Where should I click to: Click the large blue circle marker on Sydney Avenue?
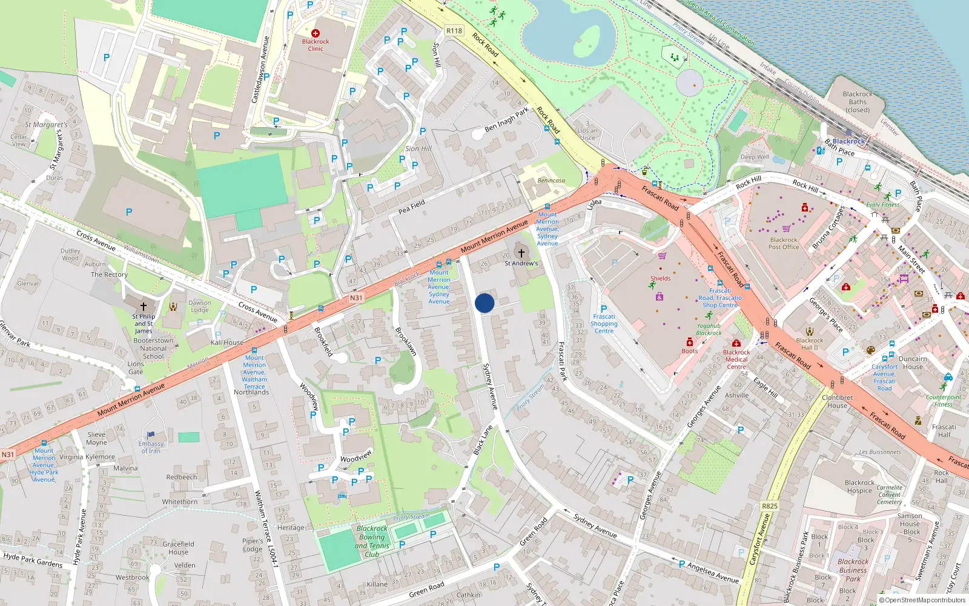pyautogui.click(x=484, y=303)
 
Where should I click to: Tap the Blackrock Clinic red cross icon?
pyautogui.click(x=315, y=33)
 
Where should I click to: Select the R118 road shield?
pyautogui.click(x=454, y=31)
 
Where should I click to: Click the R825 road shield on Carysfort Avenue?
pyautogui.click(x=770, y=506)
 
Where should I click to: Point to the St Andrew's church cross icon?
pyautogui.click(x=521, y=253)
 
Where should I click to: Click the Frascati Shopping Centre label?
pyautogui.click(x=604, y=324)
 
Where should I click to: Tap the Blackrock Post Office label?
pyautogui.click(x=784, y=243)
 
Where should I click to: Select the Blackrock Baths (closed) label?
pyautogui.click(x=858, y=102)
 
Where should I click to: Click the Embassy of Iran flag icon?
pyautogui.click(x=151, y=435)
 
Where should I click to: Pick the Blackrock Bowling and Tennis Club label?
pyautogui.click(x=372, y=541)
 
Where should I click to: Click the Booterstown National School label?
pyautogui.click(x=153, y=348)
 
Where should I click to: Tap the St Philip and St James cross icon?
pyautogui.click(x=144, y=307)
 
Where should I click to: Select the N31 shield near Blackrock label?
pyautogui.click(x=356, y=298)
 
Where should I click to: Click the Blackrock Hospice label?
pyautogui.click(x=859, y=487)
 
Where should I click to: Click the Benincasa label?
pyautogui.click(x=551, y=181)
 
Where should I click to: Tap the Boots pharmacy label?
pyautogui.click(x=689, y=351)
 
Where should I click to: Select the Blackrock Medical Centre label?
pyautogui.click(x=736, y=359)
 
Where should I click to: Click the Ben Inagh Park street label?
pyautogui.click(x=506, y=120)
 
